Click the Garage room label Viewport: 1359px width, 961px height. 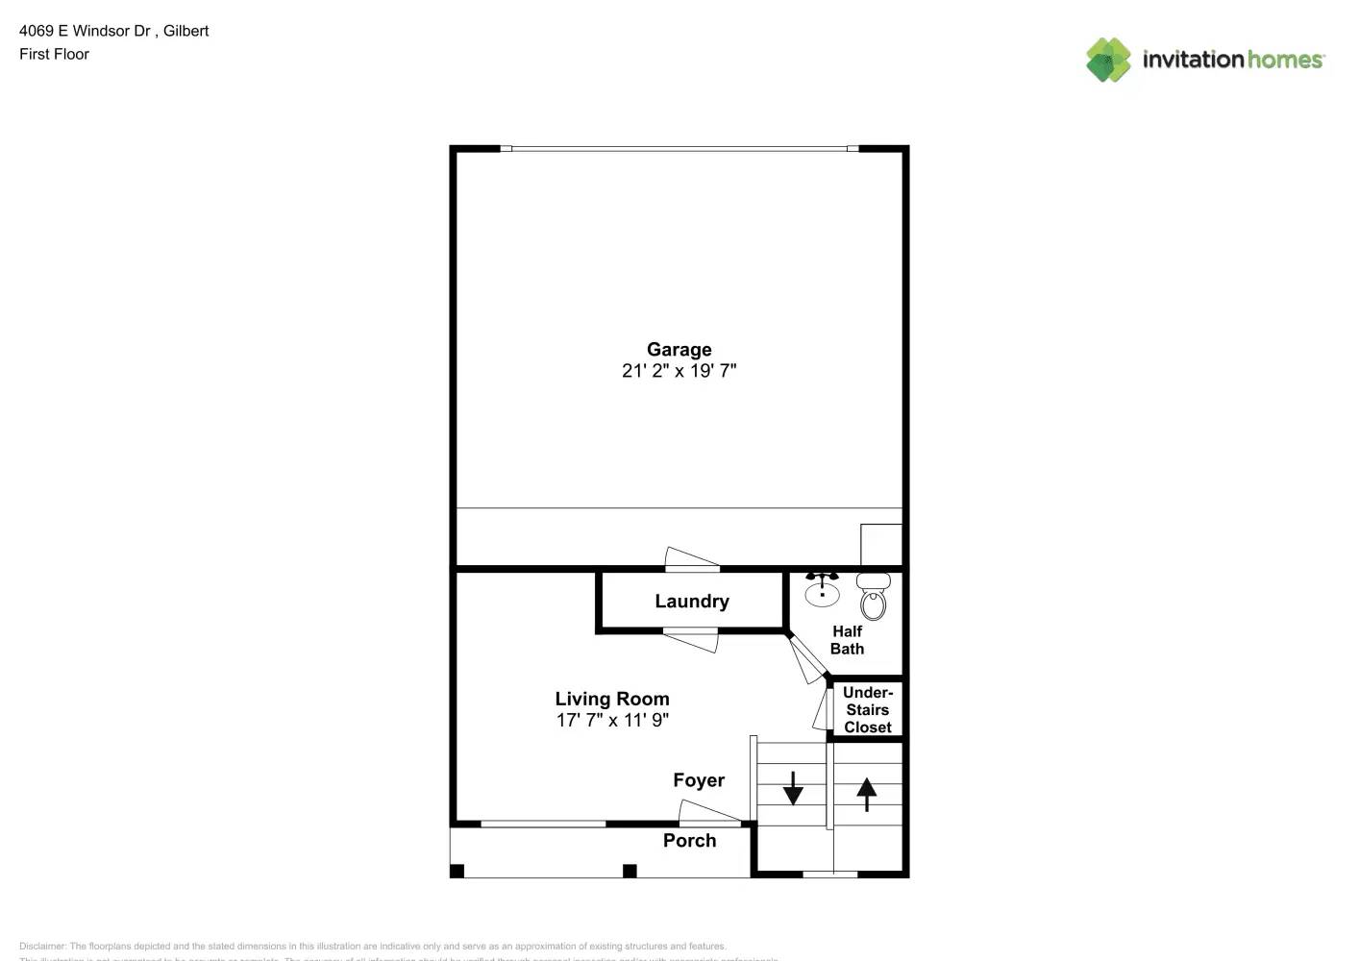pos(679,350)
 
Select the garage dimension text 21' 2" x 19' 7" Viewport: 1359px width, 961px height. pos(679,371)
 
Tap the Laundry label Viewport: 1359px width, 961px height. pos(691,602)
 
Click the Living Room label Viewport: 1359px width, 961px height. pos(611,699)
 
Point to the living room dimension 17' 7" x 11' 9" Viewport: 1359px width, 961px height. pos(611,720)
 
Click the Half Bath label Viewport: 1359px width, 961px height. pos(847,640)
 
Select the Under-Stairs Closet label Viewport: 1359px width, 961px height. pos(867,709)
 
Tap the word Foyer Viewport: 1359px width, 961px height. pos(698,780)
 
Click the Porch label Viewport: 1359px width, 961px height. pos(689,841)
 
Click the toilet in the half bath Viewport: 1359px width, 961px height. pos(873,597)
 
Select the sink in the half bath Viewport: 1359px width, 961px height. pos(822,589)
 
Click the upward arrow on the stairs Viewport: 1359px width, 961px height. pos(866,794)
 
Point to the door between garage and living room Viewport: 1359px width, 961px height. pos(692,559)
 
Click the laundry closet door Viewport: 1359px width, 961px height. pos(690,639)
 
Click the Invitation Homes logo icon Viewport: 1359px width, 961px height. pos(1108,60)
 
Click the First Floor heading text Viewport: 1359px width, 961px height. pos(54,55)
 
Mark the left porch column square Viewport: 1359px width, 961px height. pos(457,871)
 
